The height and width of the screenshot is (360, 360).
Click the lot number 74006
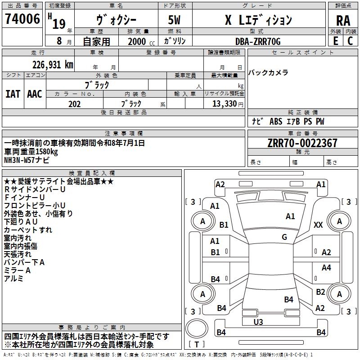[x=22, y=19]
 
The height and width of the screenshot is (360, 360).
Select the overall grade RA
[x=343, y=21]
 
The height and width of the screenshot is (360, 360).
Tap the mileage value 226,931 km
[x=53, y=65]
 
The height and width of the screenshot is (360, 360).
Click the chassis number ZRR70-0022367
[x=302, y=143]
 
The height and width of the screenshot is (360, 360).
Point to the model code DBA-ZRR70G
[x=258, y=41]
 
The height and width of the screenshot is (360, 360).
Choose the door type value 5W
[x=174, y=20]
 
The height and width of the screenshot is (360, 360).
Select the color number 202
[x=74, y=104]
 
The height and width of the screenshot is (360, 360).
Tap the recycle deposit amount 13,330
[x=224, y=104]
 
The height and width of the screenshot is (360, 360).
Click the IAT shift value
[x=13, y=94]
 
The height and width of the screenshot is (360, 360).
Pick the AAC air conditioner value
[x=35, y=94]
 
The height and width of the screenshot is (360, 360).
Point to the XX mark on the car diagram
[x=318, y=225]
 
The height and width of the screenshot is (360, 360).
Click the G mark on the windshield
[x=284, y=237]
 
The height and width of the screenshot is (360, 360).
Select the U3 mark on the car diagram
[x=258, y=322]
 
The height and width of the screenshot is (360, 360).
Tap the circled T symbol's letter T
[x=197, y=344]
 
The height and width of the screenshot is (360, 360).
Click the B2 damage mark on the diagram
[x=320, y=292]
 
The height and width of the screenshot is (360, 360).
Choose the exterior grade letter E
[x=335, y=41]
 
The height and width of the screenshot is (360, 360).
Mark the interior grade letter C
[x=350, y=41]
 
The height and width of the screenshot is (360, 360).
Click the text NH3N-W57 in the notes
[x=19, y=160]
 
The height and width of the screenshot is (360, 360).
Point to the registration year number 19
[x=59, y=24]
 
